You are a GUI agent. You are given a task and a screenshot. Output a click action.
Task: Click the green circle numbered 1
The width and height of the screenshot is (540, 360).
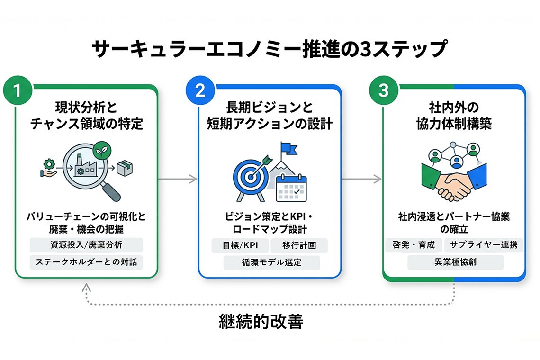pyautogui.click(x=17, y=91)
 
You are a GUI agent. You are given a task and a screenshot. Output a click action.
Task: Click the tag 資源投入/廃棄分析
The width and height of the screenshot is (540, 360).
pyautogui.click(x=86, y=245)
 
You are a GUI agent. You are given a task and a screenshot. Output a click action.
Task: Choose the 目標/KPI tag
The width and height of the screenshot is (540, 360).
pyautogui.click(x=240, y=245)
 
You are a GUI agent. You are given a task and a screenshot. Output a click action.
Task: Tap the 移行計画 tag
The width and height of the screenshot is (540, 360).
pyautogui.click(x=299, y=245)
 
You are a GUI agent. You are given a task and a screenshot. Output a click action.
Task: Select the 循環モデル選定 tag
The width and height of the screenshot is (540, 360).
pyautogui.click(x=271, y=262)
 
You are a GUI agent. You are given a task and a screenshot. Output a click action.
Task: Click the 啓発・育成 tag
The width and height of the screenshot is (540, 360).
pyautogui.click(x=414, y=245)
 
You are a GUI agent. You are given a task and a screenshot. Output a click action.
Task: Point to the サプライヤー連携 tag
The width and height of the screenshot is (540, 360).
pyautogui.click(x=484, y=245)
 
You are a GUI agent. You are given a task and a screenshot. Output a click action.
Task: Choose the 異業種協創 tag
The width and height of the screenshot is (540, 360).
pyautogui.click(x=455, y=262)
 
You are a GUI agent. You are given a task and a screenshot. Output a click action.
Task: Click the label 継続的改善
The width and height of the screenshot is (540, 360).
pyautogui.click(x=261, y=322)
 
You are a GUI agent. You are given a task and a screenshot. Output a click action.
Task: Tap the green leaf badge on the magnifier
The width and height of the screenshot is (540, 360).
pyautogui.click(x=100, y=150)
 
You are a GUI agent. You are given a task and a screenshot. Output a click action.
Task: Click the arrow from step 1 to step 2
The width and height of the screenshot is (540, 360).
pyautogui.click(x=178, y=179)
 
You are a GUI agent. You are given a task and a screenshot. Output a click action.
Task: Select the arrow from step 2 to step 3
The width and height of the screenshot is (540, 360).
pyautogui.click(x=361, y=179)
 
